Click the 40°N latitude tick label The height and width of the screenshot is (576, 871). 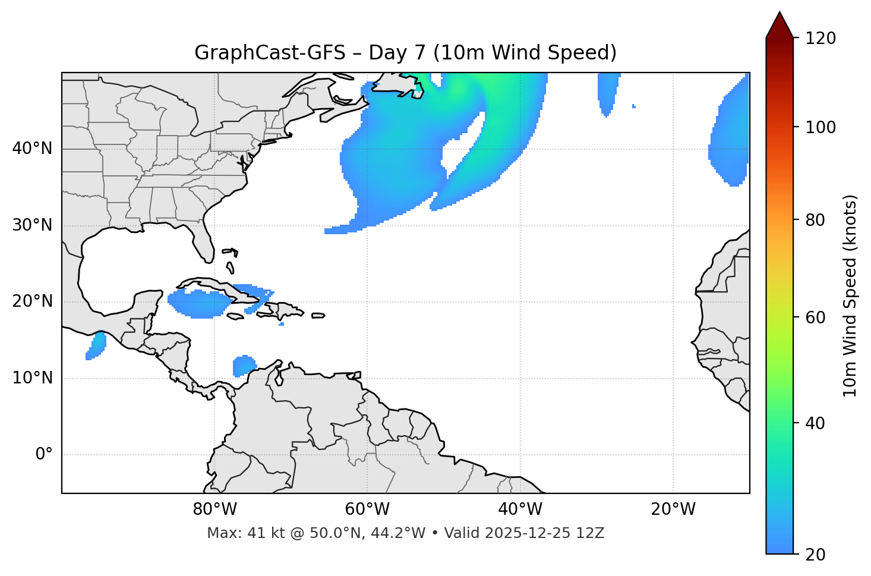point(32,149)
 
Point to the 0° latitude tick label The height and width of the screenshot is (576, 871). point(44,455)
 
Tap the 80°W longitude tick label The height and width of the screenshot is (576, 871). point(214,509)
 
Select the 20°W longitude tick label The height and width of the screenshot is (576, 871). point(673,509)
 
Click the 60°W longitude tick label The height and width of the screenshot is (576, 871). point(367,509)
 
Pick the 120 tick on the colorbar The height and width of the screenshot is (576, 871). point(820,38)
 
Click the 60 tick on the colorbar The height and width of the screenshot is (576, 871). point(815,317)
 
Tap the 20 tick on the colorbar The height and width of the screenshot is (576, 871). point(815,555)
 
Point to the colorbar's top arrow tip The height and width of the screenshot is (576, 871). point(780,12)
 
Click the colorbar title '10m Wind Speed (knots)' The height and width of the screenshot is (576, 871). point(850,295)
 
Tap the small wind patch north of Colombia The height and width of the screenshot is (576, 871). point(244,365)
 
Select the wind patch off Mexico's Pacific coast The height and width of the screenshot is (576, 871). point(96,345)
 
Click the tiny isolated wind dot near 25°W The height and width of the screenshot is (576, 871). point(634,106)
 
